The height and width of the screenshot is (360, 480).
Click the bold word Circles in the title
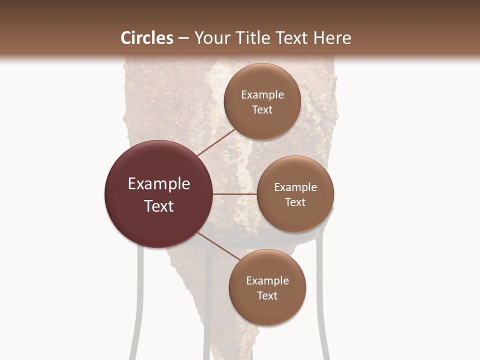(146, 38)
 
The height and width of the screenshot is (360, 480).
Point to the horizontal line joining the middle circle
(234, 194)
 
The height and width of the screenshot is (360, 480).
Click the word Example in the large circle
(158, 184)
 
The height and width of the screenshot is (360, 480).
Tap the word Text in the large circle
(158, 206)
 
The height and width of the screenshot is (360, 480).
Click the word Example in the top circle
(262, 94)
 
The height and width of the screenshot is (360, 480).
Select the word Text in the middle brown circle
(295, 202)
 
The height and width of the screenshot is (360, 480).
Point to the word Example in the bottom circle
(267, 280)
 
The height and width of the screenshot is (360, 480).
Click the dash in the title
(183, 38)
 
